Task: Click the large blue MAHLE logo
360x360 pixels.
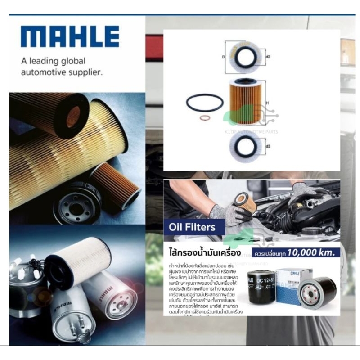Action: pos(70,36)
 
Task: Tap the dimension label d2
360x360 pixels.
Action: pos(268,57)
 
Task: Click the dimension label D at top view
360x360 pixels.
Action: pos(224,57)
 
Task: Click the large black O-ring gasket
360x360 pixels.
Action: pos(205,103)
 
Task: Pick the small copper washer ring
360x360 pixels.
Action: pos(205,119)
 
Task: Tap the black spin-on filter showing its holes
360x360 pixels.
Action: pos(317,292)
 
